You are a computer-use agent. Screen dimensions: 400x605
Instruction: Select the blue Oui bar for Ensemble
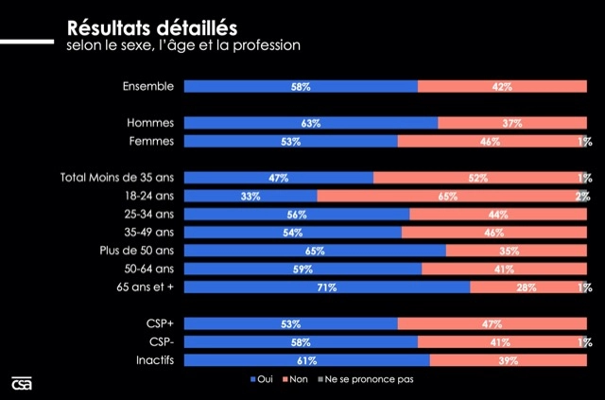point(301,87)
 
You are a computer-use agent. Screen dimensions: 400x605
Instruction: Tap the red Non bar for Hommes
point(513,123)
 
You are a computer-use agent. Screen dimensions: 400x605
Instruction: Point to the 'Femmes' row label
point(150,142)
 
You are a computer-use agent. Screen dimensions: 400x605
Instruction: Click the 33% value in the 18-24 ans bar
point(251,197)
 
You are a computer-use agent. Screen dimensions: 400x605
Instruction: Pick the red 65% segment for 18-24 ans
point(449,197)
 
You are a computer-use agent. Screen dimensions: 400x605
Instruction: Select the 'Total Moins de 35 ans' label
point(117,178)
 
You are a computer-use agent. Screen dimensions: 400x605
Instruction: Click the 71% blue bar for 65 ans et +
point(327,287)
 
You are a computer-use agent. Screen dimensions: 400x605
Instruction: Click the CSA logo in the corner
point(22,382)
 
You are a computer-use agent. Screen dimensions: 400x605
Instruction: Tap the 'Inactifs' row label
point(153,360)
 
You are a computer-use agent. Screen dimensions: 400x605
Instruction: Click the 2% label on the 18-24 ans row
point(583,197)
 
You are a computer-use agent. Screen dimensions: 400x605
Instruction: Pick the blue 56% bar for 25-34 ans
point(297,215)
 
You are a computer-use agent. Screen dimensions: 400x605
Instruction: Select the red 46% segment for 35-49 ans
point(495,233)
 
